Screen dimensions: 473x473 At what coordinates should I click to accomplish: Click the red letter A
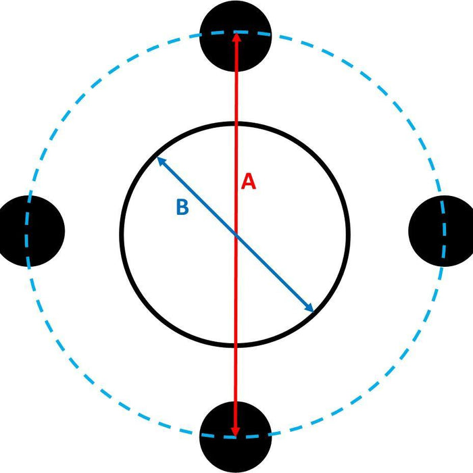(x=249, y=181)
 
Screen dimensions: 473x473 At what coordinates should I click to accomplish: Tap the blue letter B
(x=182, y=207)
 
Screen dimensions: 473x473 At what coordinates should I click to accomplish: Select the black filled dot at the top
(x=236, y=36)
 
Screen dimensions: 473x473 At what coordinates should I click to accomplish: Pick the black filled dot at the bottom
(x=236, y=437)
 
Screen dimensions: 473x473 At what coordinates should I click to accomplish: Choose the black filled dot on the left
(x=29, y=231)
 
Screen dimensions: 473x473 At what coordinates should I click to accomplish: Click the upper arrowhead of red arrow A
(x=236, y=37)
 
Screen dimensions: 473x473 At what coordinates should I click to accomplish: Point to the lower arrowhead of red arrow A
(x=235, y=431)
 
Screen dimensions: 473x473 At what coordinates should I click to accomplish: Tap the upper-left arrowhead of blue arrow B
(x=161, y=161)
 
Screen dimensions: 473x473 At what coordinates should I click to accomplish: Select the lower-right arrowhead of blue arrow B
(x=309, y=307)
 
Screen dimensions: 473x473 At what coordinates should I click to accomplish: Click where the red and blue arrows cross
(x=236, y=235)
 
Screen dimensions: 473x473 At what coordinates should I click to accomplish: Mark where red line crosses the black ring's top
(x=236, y=124)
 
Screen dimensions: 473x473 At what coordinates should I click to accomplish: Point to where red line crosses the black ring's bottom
(x=236, y=345)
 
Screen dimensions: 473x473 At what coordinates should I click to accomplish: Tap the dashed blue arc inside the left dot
(x=27, y=231)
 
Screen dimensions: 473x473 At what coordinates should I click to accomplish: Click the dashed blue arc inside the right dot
(x=444, y=231)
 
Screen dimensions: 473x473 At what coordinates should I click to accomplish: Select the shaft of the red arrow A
(x=236, y=234)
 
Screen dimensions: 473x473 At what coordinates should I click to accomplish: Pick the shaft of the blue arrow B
(x=236, y=234)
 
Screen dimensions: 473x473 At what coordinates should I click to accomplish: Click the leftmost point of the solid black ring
(x=122, y=234)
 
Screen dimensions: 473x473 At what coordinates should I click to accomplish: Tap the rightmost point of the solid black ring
(x=349, y=234)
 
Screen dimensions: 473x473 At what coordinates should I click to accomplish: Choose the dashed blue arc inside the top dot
(x=236, y=32)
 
